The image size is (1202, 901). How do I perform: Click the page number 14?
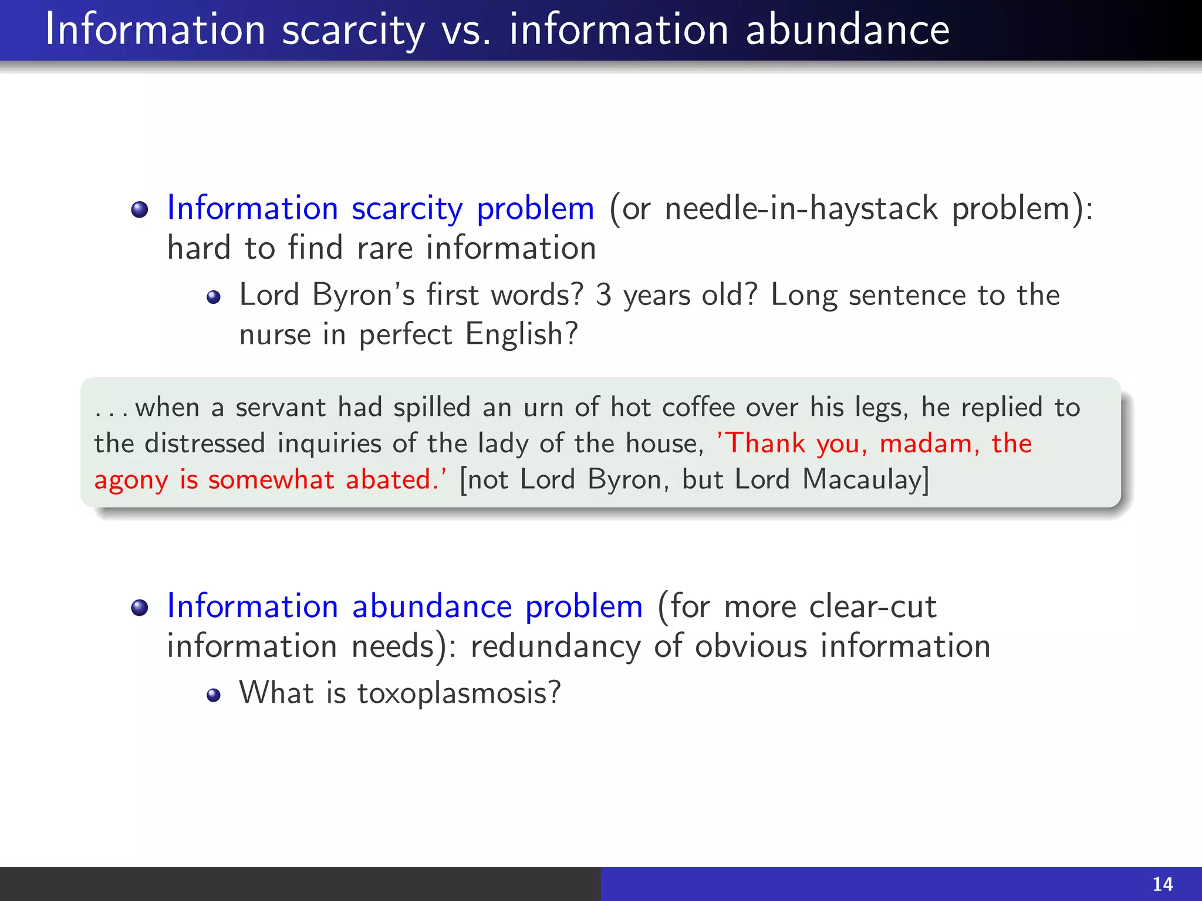click(x=1163, y=883)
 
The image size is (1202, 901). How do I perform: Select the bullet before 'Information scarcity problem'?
click(x=140, y=209)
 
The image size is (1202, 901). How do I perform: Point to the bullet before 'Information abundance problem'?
click(x=140, y=608)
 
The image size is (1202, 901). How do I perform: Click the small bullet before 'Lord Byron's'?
click(x=214, y=297)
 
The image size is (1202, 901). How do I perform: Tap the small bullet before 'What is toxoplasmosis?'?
click(x=214, y=695)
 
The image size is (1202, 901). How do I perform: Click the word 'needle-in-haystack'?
click(x=801, y=209)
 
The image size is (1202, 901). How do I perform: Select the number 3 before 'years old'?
click(x=603, y=295)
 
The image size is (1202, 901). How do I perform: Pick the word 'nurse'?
click(x=275, y=335)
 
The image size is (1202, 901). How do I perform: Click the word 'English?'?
click(x=522, y=335)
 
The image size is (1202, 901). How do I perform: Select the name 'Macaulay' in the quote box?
click(x=865, y=480)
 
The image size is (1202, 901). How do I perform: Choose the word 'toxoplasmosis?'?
click(x=459, y=693)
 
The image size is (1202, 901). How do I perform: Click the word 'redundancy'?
click(x=555, y=646)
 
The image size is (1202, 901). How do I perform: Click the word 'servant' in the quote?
click(x=280, y=407)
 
